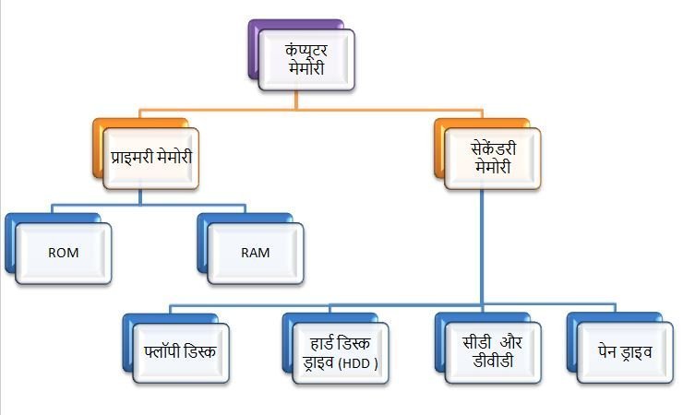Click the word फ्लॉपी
[x=167, y=353]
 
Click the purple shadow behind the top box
[x=253, y=46]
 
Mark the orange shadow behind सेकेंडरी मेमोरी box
[x=440, y=147]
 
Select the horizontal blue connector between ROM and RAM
[x=138, y=202]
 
